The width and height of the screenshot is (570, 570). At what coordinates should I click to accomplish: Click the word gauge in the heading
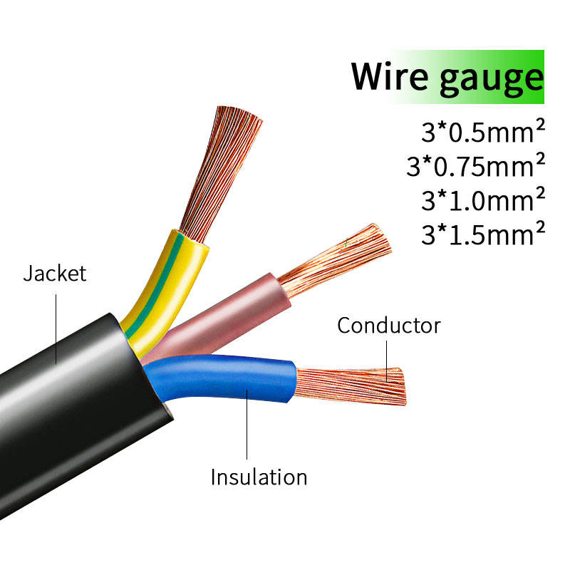tap(491, 78)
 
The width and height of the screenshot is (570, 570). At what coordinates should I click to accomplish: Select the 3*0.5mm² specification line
tap(482, 133)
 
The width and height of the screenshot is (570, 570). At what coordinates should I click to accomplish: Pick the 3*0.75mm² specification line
tap(475, 167)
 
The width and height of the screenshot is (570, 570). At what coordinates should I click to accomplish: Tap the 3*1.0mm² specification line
tap(482, 200)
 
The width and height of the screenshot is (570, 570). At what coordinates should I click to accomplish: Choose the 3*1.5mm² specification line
tap(482, 234)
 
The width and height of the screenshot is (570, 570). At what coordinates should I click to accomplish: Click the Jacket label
tap(54, 274)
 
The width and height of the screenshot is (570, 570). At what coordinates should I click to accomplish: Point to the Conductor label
tap(388, 326)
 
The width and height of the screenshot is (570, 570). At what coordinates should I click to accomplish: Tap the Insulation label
tap(259, 477)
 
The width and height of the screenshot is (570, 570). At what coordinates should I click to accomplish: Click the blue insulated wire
tap(235, 381)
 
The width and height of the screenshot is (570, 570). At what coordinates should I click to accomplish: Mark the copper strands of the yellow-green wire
tap(221, 171)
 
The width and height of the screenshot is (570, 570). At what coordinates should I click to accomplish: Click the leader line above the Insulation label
tap(247, 427)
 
